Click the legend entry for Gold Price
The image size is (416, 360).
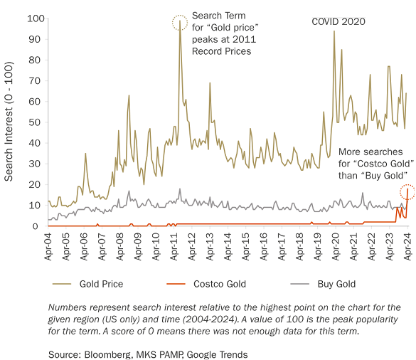[x=100, y=284]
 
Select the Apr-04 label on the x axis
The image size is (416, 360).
[x=48, y=246]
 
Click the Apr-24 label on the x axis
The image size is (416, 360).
[x=407, y=246]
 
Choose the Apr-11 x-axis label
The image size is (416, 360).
[x=174, y=246]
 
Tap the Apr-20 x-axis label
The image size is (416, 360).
[x=336, y=246]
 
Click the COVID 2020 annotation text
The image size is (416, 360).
[x=338, y=22]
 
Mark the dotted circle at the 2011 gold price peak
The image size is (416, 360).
[x=180, y=23]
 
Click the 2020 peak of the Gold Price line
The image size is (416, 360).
[x=334, y=32]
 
